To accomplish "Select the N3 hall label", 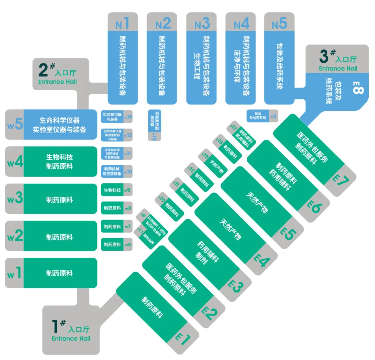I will point(201,24).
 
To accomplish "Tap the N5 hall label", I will point(279,24).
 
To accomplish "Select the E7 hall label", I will point(341,180).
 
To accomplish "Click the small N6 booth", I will point(263,115).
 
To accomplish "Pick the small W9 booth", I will point(116,190).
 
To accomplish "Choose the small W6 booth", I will point(116,244).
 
